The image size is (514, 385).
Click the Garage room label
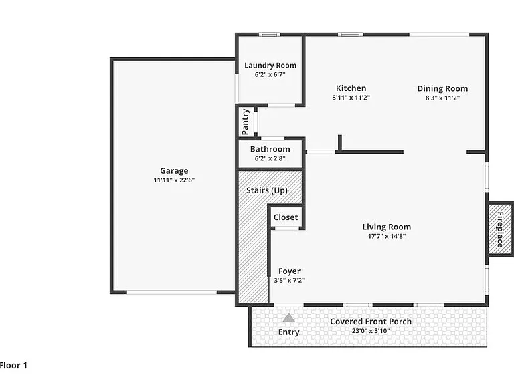coord(174,171)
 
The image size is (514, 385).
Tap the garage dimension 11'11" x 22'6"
coord(174,180)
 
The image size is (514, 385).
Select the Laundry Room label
coord(270,65)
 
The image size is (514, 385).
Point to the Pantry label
coord(245,122)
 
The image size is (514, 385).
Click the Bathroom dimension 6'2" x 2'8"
coord(270,158)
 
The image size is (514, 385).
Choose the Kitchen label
coord(351,88)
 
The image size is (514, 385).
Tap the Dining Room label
coord(442,88)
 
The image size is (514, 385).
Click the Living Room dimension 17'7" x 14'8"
coord(387,236)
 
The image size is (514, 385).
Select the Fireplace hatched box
coord(500,229)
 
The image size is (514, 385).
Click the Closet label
coord(286,217)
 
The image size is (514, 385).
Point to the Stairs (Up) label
coord(267,190)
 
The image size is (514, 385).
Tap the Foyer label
coord(289,271)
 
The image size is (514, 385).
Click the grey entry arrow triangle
coord(289,318)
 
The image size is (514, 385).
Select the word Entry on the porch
coord(289,332)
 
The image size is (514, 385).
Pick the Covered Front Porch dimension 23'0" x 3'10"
coord(371,331)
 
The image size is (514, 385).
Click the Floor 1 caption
coord(13,366)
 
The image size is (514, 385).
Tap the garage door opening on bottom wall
coord(172,292)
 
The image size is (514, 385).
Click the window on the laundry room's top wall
coord(270,34)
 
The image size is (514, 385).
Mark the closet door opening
coord(286,228)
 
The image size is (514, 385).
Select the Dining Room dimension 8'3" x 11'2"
coord(442,98)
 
